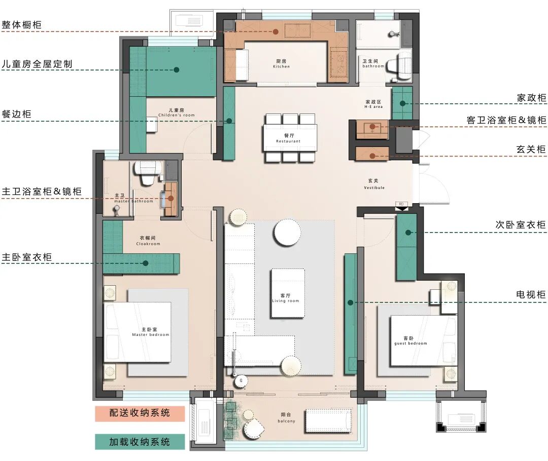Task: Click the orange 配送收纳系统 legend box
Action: coord(140,413)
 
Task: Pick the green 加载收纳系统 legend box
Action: coord(140,442)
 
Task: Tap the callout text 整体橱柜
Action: coord(22,25)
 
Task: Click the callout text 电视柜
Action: coord(531,294)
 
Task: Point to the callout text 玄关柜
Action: coord(531,149)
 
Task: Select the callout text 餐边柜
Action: coord(16,114)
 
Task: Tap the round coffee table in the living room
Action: coord(287,233)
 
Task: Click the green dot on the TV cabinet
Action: coord(350,303)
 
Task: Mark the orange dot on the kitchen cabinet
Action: coord(276,32)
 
